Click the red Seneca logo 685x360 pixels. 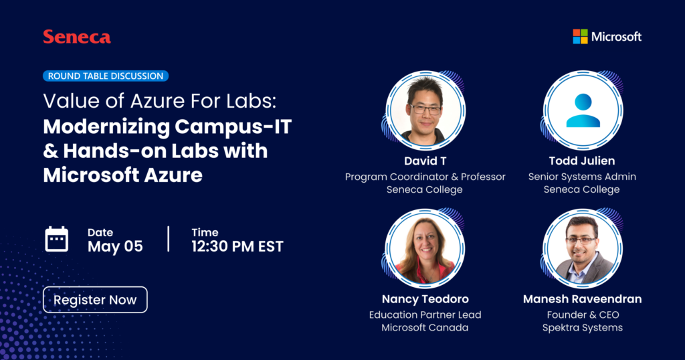pos(77,37)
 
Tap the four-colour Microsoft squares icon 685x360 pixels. pos(580,36)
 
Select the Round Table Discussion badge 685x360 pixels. pos(106,76)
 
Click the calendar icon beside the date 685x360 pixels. pos(57,239)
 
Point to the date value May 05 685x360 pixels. pos(115,246)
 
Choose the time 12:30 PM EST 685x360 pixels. pos(237,246)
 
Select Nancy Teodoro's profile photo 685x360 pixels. pos(425,248)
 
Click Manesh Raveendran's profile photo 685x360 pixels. pos(583,248)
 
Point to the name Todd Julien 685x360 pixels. pos(582,161)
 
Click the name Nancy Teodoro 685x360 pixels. pos(425,299)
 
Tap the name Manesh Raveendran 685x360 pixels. pos(582,299)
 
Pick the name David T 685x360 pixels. pos(425,161)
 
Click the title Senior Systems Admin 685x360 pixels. pos(582,177)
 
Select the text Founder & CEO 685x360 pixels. pos(582,314)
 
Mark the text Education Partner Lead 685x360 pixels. pos(425,314)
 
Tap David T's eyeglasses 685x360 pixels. pos(425,108)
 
